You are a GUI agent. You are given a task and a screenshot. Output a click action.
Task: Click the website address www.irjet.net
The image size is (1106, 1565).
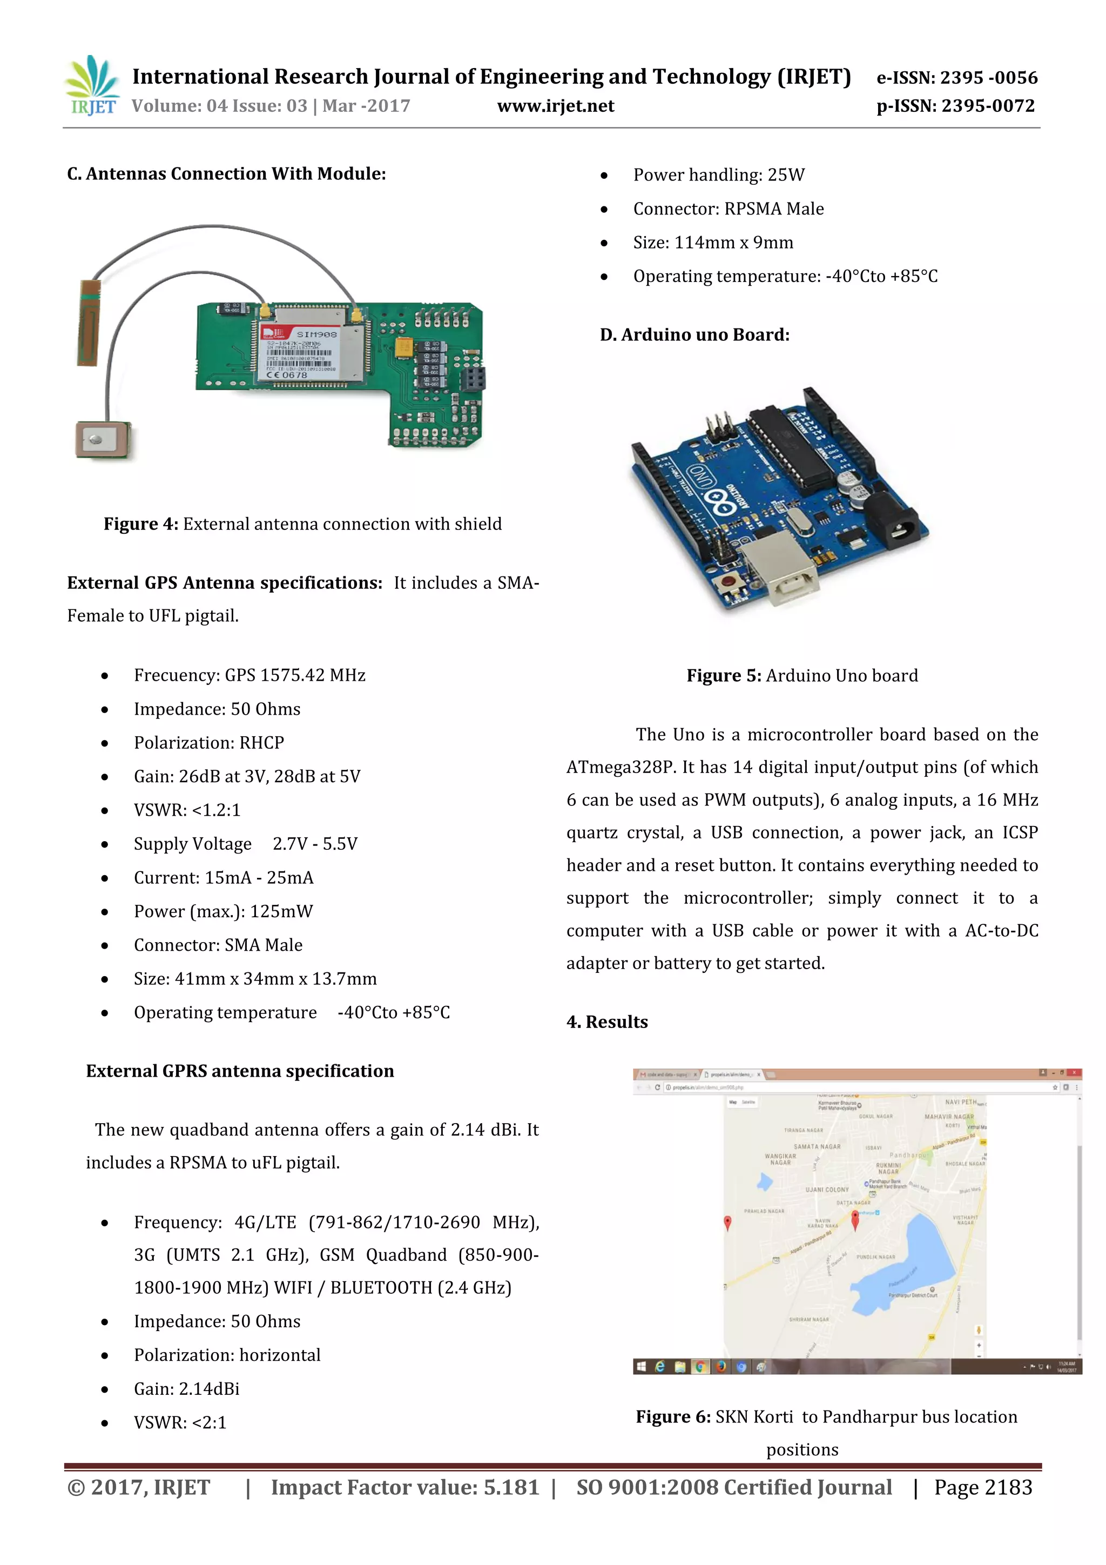pos(555,106)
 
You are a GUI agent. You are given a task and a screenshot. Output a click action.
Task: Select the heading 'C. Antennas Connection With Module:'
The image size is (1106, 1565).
pos(226,174)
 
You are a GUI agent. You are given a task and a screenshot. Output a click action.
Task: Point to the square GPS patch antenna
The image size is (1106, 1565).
pos(102,440)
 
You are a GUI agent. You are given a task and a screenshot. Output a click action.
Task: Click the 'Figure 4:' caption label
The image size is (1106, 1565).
pos(140,523)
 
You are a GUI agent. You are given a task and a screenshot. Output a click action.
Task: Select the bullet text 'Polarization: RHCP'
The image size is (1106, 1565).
pos(208,742)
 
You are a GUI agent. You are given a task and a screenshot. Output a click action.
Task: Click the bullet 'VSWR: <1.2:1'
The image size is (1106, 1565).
pos(187,810)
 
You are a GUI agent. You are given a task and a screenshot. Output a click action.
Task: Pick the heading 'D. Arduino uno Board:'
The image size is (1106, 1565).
pos(694,335)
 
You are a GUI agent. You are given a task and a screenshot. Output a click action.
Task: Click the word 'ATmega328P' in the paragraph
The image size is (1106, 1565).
pos(619,768)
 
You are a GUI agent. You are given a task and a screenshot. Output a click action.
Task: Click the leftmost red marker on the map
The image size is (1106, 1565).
pos(727,1221)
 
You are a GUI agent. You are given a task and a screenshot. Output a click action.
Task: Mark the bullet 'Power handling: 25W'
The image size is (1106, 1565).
pos(718,175)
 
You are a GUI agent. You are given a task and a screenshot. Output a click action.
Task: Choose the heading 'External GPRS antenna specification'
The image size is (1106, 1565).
pos(240,1071)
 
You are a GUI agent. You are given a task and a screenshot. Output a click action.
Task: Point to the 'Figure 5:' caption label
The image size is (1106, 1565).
pos(723,675)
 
